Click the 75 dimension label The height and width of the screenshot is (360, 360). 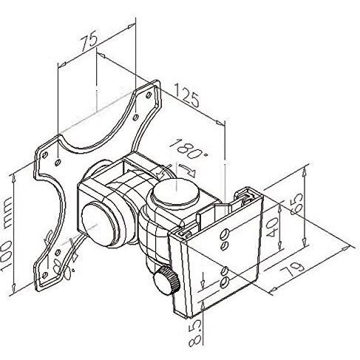pos(89,42)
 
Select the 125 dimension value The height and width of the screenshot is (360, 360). pos(186,95)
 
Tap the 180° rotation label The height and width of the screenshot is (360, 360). pos(189,149)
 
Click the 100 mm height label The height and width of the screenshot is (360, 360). pos(7,234)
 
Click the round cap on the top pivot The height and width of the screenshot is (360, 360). pos(175,191)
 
